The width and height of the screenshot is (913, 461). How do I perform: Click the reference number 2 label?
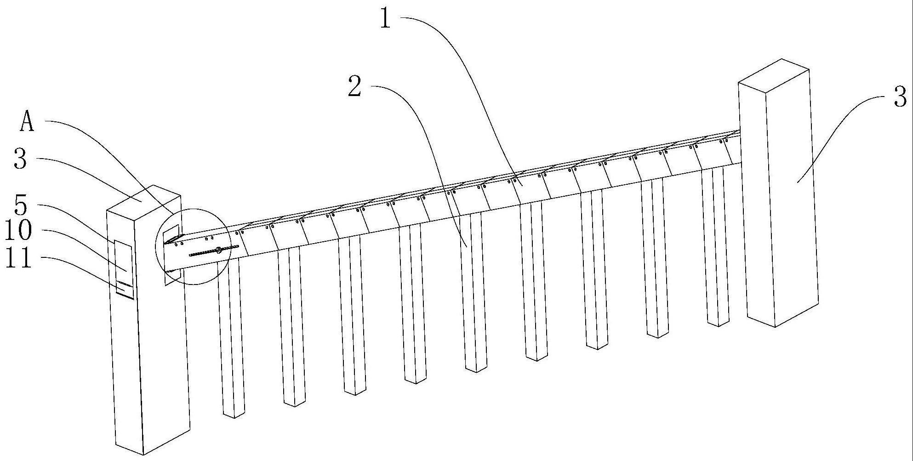pyautogui.click(x=354, y=87)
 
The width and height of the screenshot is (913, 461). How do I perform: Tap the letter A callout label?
pyautogui.click(x=28, y=122)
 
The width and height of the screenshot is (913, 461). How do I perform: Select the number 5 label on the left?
pyautogui.click(x=21, y=205)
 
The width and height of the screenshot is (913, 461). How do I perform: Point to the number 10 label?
pyautogui.click(x=18, y=231)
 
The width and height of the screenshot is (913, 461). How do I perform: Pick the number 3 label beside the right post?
pyautogui.click(x=900, y=97)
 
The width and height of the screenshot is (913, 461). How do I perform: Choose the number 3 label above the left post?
pyautogui.click(x=20, y=159)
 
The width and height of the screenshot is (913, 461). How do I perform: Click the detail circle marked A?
pyautogui.click(x=193, y=246)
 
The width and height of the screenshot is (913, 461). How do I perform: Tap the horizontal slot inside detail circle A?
pyautogui.click(x=214, y=250)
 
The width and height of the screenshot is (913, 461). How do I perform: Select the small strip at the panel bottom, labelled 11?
pyautogui.click(x=124, y=289)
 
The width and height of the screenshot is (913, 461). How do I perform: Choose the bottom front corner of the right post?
pyautogui.click(x=775, y=326)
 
